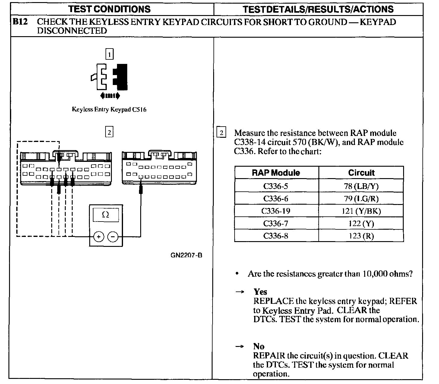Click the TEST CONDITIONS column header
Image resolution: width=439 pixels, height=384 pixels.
(x=110, y=9)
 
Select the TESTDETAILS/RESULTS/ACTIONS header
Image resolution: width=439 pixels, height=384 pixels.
(x=318, y=9)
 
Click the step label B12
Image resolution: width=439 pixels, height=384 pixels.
(x=21, y=22)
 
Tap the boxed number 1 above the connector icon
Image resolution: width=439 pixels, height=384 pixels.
(x=109, y=54)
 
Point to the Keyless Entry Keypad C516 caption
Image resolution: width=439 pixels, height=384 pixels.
(x=109, y=109)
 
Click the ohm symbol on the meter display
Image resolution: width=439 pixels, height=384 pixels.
(x=106, y=215)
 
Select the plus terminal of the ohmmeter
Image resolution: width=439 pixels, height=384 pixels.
(x=98, y=237)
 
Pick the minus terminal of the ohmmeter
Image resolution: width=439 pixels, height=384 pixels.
(x=113, y=237)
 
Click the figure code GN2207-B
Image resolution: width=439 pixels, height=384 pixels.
(x=186, y=255)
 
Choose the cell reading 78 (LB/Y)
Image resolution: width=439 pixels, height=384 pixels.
(x=361, y=186)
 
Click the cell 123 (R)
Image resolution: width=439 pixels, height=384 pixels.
(x=361, y=236)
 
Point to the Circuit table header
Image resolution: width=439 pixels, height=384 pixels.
(x=361, y=173)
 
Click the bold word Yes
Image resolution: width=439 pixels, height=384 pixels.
(x=260, y=292)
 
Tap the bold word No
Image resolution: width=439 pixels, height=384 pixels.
(x=259, y=346)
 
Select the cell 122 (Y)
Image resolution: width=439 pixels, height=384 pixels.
(x=361, y=223)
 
